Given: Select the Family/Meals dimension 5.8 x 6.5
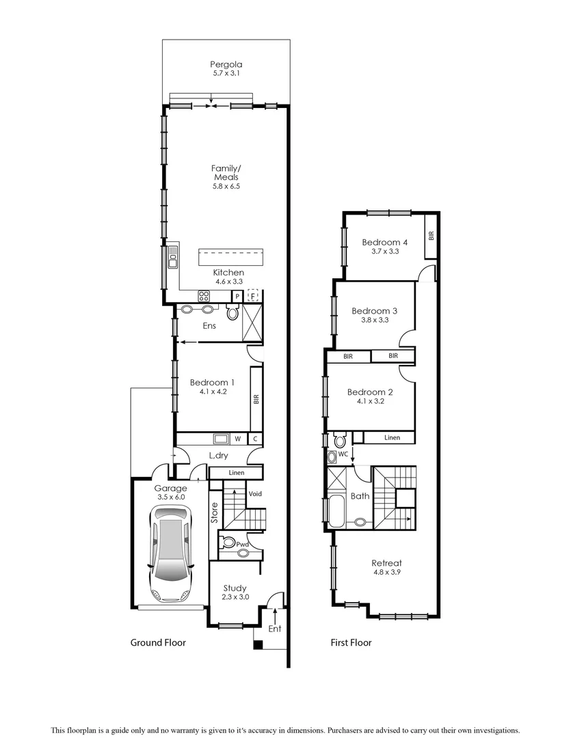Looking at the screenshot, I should [226, 186].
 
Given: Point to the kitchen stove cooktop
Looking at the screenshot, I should [204, 295].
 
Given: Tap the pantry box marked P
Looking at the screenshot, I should [237, 296].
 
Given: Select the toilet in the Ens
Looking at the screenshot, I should [233, 313].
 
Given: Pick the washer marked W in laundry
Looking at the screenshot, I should [237, 439].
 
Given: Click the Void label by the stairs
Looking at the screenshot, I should [255, 493].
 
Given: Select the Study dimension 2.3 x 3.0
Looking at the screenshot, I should [235, 597].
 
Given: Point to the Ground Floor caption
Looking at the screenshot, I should [158, 642].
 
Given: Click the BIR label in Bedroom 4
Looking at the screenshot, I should [431, 236].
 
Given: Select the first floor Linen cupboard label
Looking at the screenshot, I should [392, 437].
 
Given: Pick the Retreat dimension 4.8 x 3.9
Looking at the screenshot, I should [387, 572].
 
